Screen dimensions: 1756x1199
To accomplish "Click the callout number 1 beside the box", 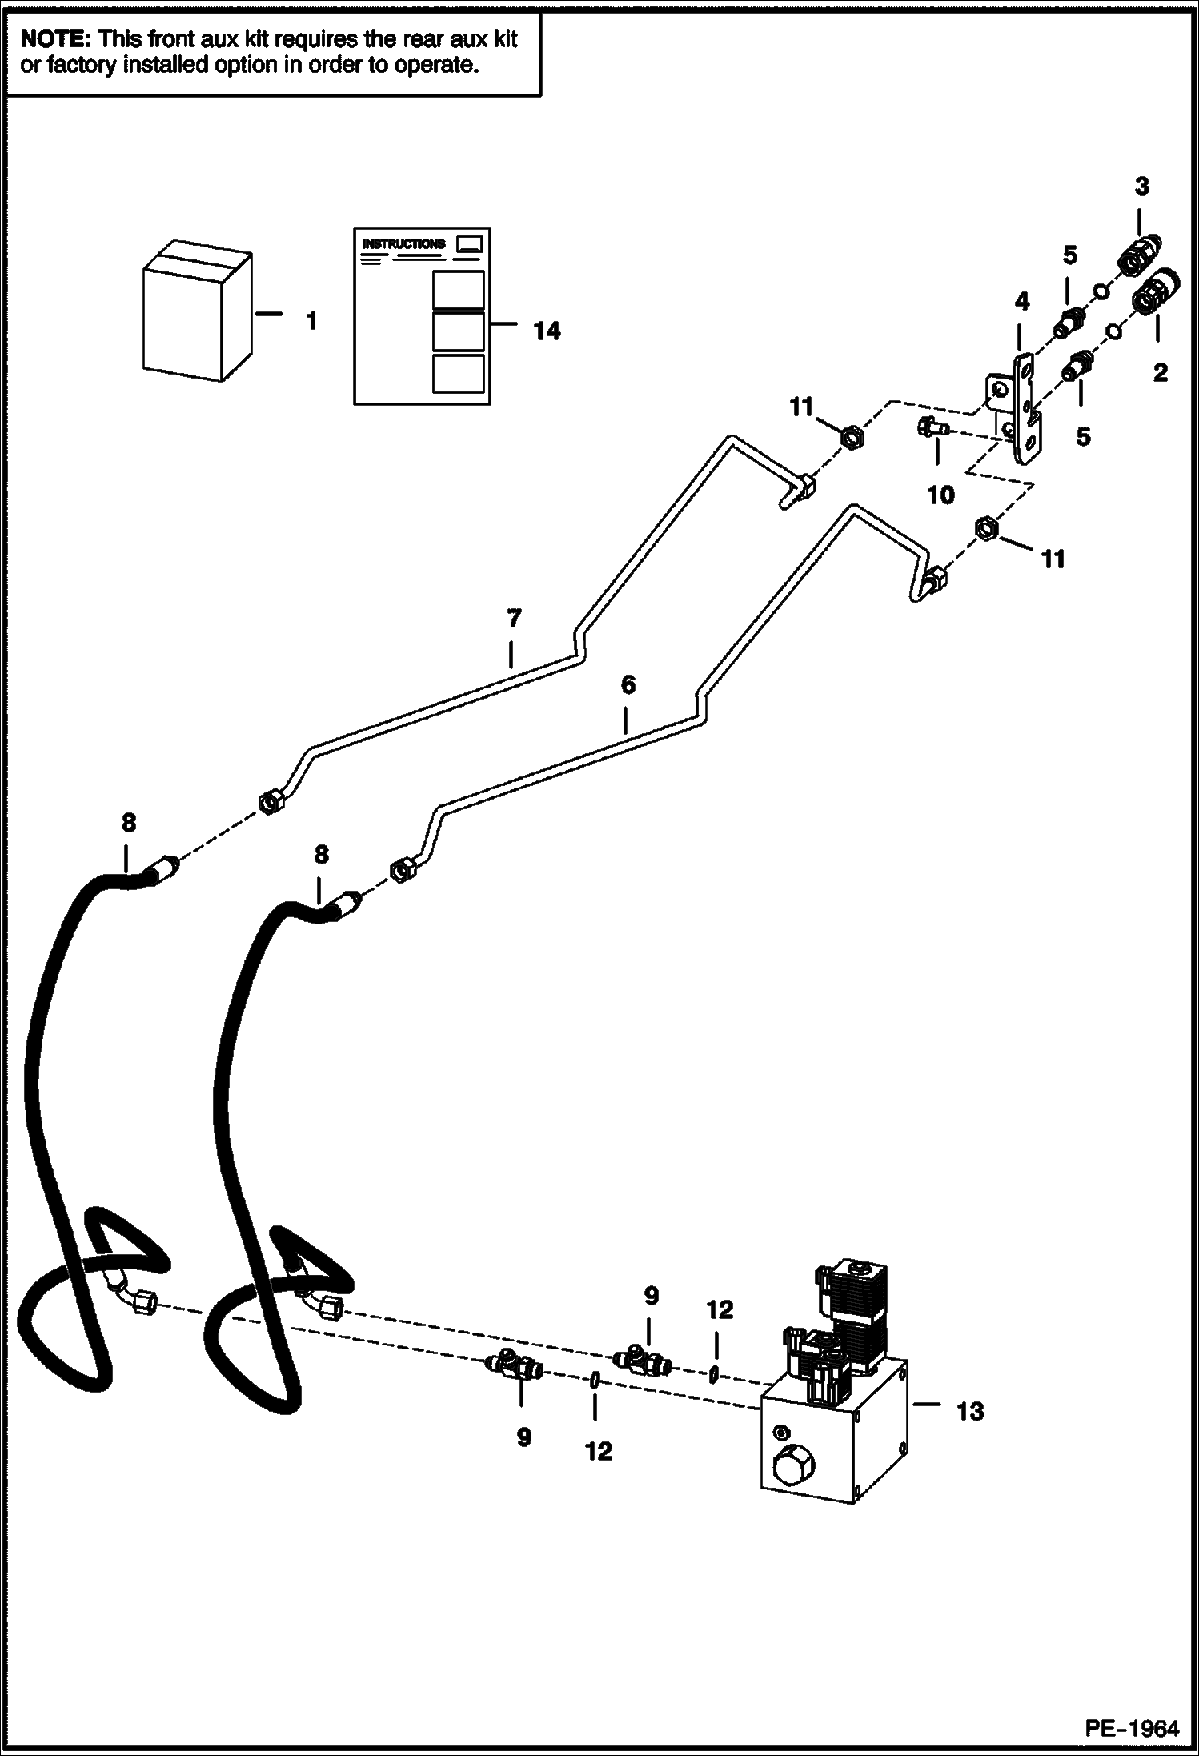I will [x=311, y=322].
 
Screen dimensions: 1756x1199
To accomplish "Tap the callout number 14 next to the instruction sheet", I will [x=547, y=331].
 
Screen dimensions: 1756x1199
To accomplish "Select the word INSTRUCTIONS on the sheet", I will [x=403, y=243].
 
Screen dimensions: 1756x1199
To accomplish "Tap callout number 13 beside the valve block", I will [x=969, y=1411].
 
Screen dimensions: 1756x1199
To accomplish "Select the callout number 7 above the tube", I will [x=514, y=618].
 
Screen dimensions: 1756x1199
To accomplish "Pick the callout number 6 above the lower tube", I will [x=628, y=684].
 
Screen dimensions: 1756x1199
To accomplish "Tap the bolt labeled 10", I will [x=931, y=428].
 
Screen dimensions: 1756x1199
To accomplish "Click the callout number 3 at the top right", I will [x=1141, y=186].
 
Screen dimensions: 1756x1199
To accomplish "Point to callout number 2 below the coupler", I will [x=1160, y=372].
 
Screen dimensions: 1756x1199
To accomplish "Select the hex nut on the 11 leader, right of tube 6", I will [x=985, y=528].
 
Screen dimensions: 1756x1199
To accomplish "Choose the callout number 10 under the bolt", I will [x=940, y=495].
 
